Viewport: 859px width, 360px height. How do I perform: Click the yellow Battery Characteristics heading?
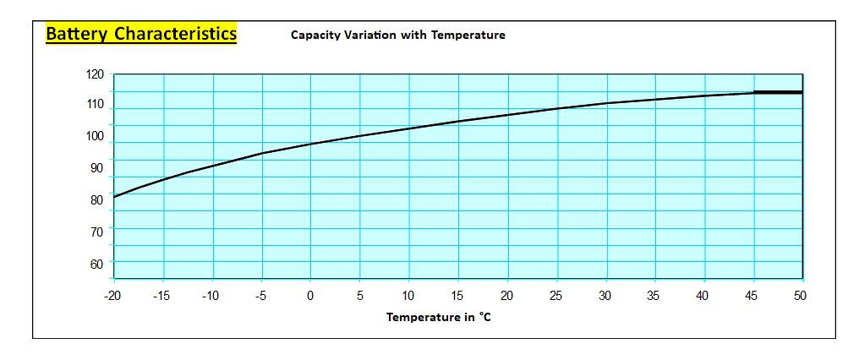pyautogui.click(x=140, y=34)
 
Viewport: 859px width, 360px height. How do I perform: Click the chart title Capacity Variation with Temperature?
pyautogui.click(x=397, y=35)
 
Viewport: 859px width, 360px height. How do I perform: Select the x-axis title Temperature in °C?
pyautogui.click(x=438, y=318)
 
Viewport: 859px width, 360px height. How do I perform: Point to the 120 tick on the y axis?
pyautogui.click(x=95, y=74)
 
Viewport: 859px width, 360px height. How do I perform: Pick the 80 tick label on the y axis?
pyautogui.click(x=95, y=200)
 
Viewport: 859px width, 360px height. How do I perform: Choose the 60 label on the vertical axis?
pyautogui.click(x=95, y=264)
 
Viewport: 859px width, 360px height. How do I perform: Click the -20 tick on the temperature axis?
pyautogui.click(x=113, y=295)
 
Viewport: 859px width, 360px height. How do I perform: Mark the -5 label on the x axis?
pyautogui.click(x=262, y=295)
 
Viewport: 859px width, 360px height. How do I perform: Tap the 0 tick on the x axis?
pyautogui.click(x=310, y=295)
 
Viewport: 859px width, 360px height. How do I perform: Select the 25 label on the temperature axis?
pyautogui.click(x=556, y=295)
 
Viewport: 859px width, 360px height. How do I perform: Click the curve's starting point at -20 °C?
pyautogui.click(x=114, y=197)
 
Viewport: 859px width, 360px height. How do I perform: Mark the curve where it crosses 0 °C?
pyautogui.click(x=310, y=144)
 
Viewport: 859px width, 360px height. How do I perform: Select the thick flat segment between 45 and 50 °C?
pyautogui.click(x=778, y=92)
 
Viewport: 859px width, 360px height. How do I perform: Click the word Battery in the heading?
pyautogui.click(x=77, y=34)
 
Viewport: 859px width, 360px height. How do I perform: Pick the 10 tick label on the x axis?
pyautogui.click(x=408, y=295)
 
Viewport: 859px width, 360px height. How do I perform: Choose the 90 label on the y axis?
pyautogui.click(x=95, y=168)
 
